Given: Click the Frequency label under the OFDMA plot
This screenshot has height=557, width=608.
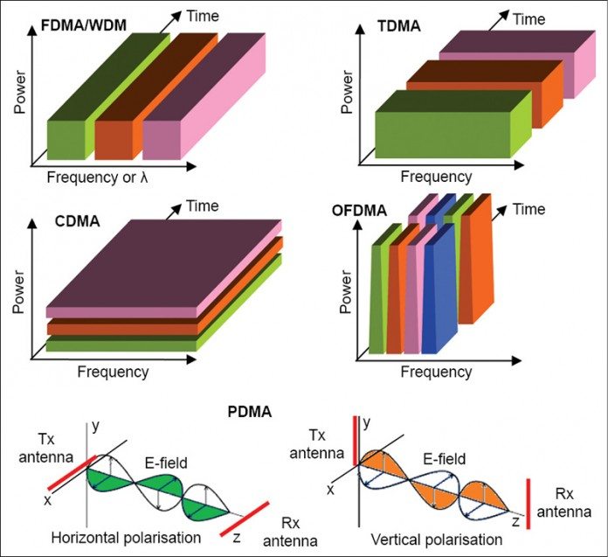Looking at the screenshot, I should click(436, 372).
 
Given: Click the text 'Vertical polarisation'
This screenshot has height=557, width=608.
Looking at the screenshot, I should click(432, 536).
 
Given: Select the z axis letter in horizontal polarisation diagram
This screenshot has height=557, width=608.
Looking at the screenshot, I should click(236, 538).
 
